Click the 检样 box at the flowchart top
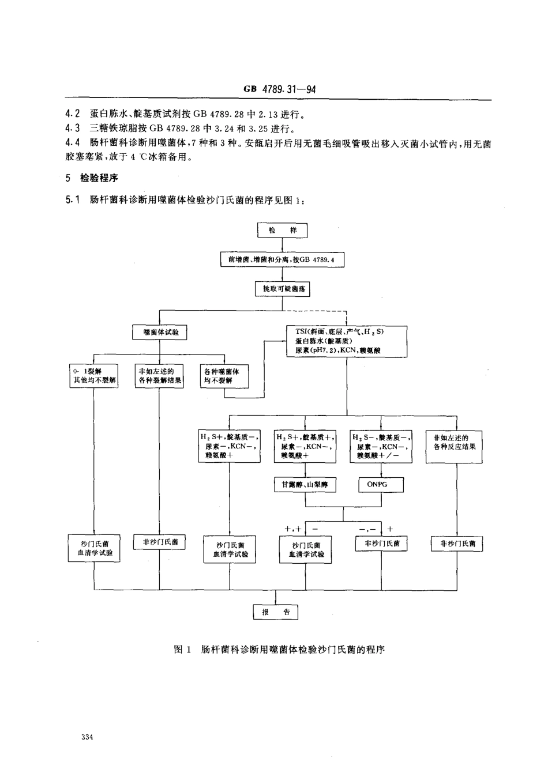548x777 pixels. click(x=282, y=231)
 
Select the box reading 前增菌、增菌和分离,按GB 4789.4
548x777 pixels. click(x=282, y=260)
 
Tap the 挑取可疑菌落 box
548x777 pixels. click(x=282, y=289)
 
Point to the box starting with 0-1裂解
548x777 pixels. click(x=93, y=376)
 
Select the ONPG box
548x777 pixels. click(x=377, y=485)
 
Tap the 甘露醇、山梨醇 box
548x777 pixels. click(x=305, y=485)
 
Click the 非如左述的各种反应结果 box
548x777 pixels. click(x=455, y=442)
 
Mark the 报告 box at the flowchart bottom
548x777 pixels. click(x=276, y=612)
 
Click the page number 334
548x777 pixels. click(x=88, y=737)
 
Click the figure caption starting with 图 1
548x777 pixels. click(x=279, y=650)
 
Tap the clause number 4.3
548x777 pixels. click(x=73, y=128)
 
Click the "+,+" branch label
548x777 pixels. click(x=293, y=529)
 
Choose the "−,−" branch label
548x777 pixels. click(x=367, y=529)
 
